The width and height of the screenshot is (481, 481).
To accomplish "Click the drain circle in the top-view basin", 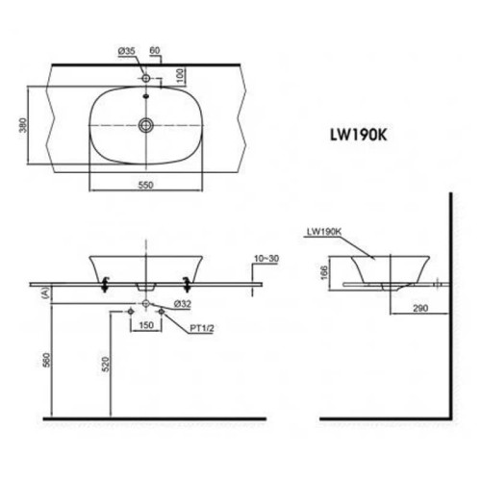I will (x=146, y=124).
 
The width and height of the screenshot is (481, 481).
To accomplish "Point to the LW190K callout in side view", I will (x=323, y=232).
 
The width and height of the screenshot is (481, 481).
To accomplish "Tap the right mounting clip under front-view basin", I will (x=186, y=281).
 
